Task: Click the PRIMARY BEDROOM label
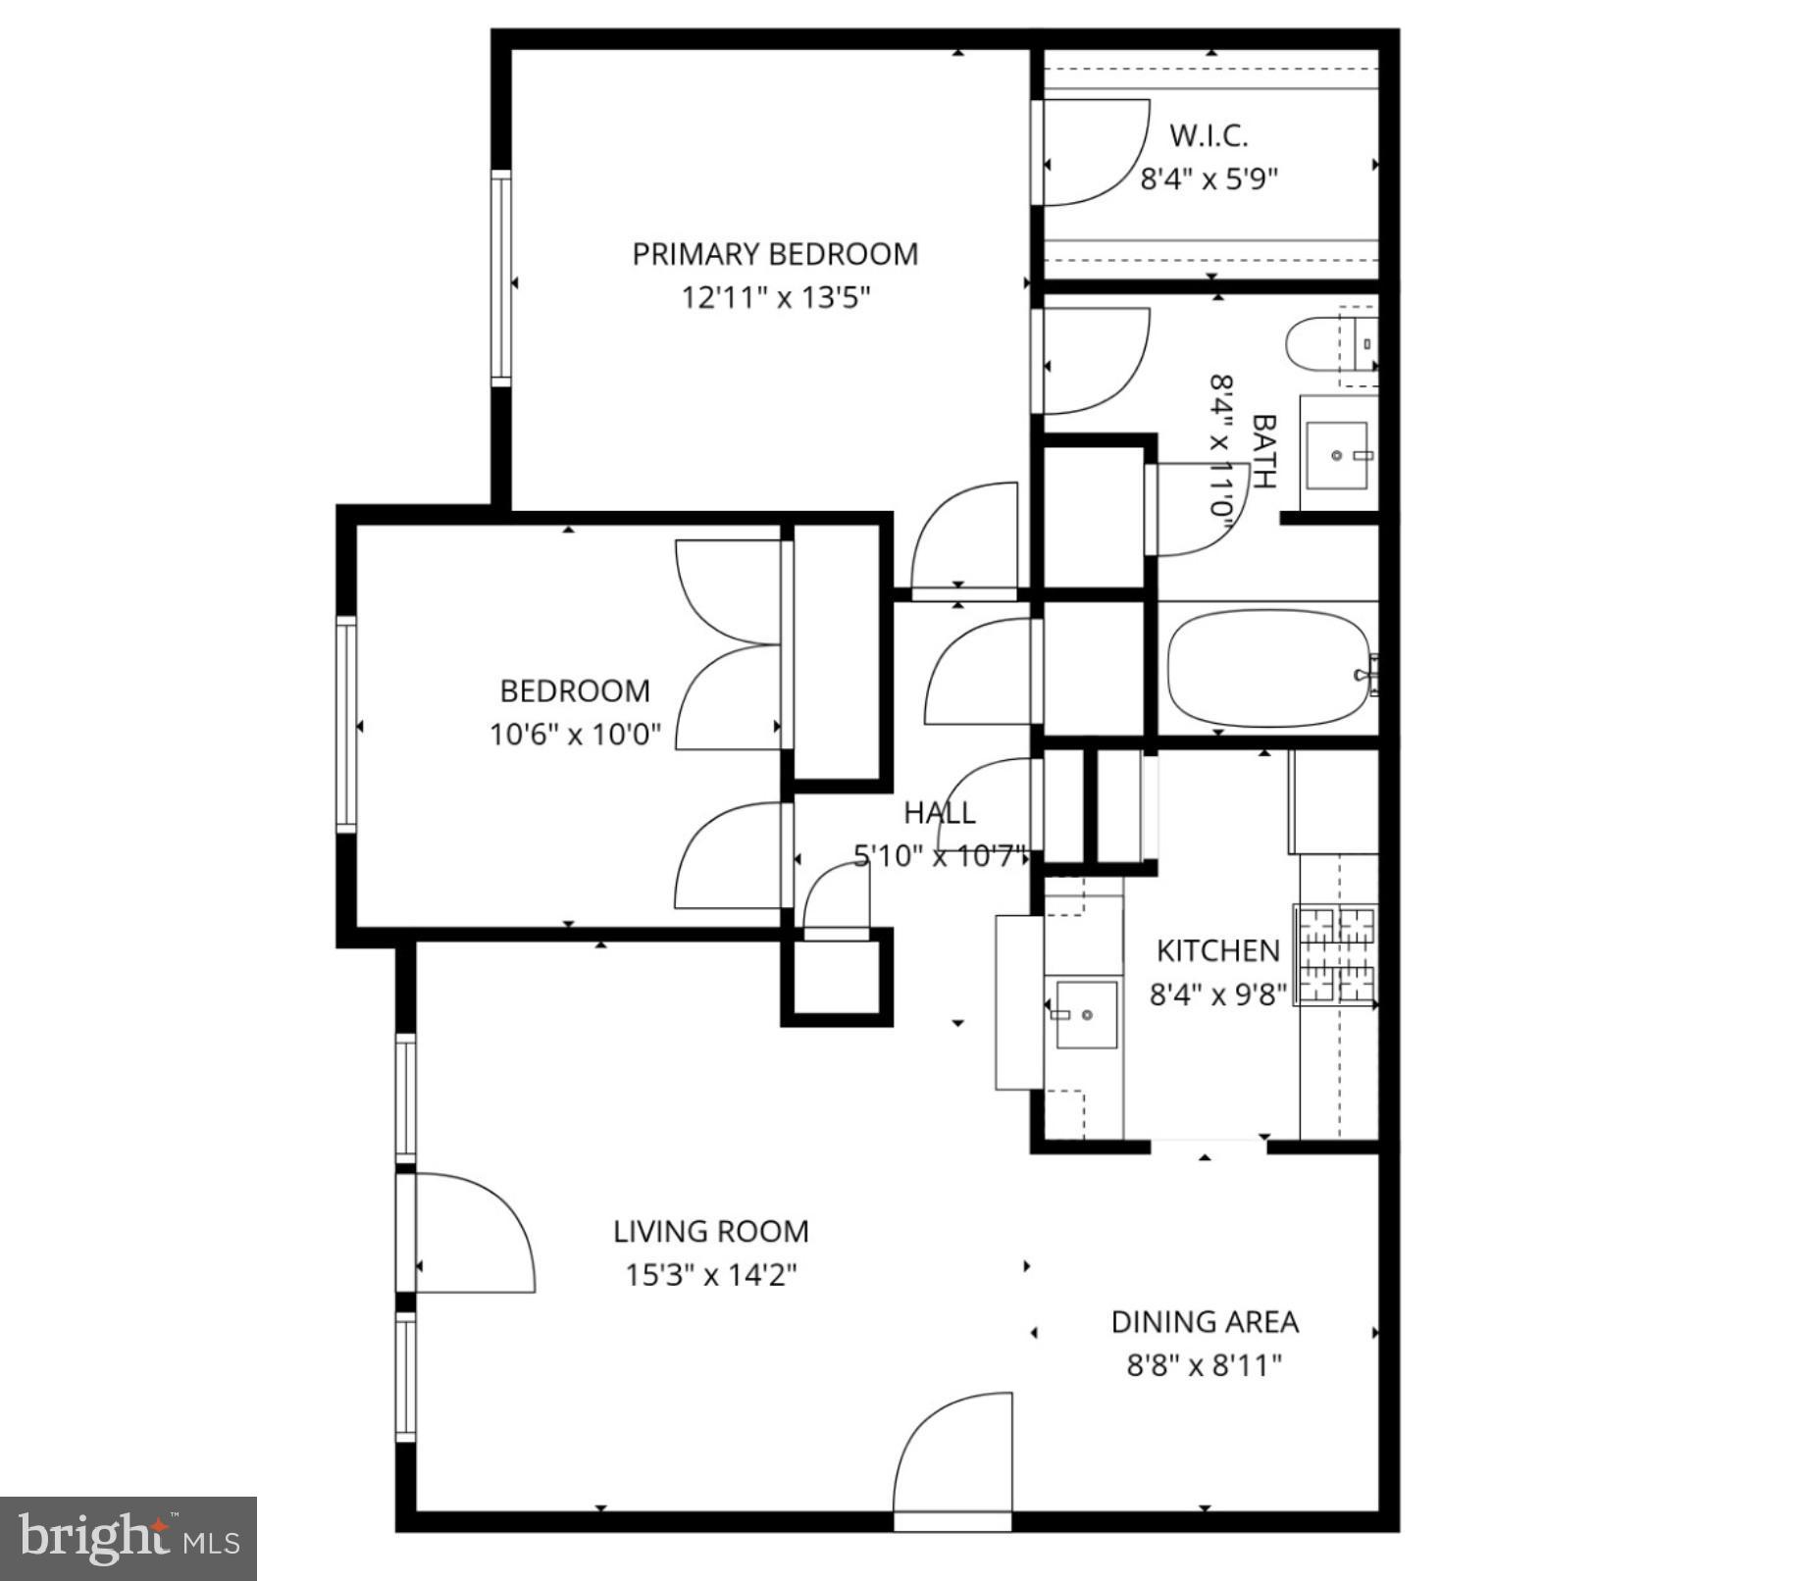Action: coord(774,254)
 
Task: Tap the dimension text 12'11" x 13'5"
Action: coord(776,297)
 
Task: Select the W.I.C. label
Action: coord(1209,135)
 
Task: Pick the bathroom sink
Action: coord(1336,455)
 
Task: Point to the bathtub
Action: coord(1268,670)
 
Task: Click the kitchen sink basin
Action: coord(1086,1014)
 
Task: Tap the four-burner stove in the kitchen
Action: coord(1336,954)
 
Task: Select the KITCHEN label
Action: coord(1217,950)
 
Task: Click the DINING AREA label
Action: coord(1204,1322)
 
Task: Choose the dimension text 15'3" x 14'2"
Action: coord(710,1275)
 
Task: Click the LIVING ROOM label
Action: coord(710,1231)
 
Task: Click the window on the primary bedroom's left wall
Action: coord(501,278)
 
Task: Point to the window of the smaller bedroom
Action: coord(345,725)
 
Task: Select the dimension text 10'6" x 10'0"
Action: coord(575,734)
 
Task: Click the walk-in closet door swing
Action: coord(1092,153)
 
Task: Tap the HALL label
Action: coord(939,812)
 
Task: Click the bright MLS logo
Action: coord(128,1537)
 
